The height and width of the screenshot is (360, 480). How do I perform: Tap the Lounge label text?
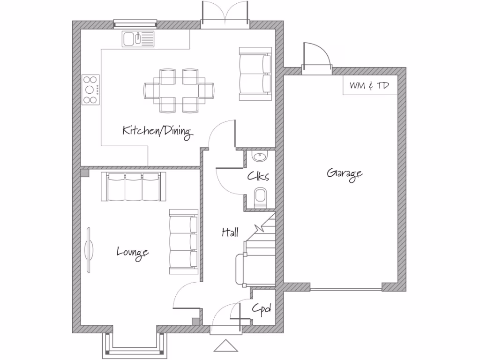(133, 252)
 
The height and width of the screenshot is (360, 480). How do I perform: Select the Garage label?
(345, 173)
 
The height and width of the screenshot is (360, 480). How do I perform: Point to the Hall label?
(230, 232)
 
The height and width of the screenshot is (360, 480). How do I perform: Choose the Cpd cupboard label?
(262, 308)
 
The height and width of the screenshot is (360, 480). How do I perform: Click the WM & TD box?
(370, 86)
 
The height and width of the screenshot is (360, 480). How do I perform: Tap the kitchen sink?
(138, 38)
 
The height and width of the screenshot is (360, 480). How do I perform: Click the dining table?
(179, 90)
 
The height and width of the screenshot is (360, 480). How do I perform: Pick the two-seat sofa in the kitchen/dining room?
(255, 74)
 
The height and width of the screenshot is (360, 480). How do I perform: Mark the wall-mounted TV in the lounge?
(90, 249)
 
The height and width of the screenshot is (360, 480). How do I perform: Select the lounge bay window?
(135, 345)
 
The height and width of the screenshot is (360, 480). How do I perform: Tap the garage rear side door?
(317, 59)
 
